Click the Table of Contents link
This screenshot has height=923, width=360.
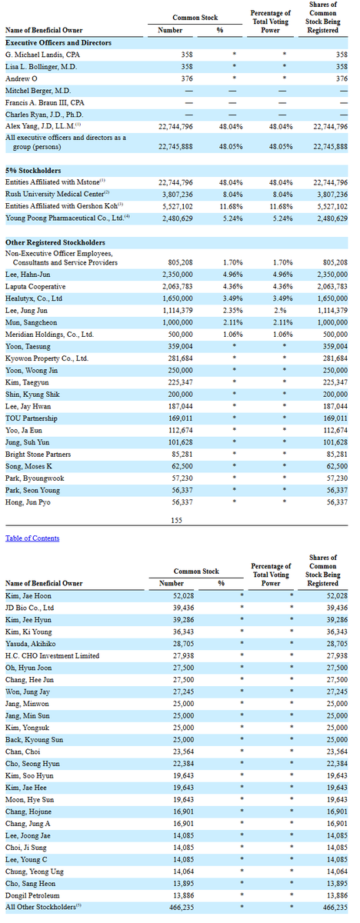32,538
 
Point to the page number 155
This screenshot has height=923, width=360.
176,520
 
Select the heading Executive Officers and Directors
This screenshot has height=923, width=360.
58,42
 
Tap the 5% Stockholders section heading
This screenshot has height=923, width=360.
33,170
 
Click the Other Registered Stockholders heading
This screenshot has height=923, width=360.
55,242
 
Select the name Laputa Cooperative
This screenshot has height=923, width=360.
35,286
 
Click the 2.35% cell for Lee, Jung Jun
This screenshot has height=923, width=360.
233,311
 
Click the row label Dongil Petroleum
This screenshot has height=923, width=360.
32,895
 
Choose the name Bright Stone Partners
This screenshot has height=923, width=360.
38,454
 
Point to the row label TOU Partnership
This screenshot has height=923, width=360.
32,418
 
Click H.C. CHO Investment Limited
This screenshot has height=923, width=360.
52,655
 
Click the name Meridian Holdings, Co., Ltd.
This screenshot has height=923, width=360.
49,334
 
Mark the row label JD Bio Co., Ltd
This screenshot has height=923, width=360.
30,608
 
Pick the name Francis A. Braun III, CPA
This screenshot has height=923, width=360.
45,102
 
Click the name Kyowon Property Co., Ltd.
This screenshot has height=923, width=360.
47,358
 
